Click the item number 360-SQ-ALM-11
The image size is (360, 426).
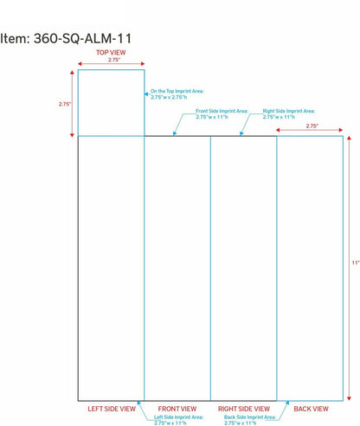pos(82,38)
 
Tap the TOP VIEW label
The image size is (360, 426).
pos(111,53)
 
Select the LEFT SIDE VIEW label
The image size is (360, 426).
pos(112,409)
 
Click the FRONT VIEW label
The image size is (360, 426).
pos(177,409)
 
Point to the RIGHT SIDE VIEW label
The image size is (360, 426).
pos(244,409)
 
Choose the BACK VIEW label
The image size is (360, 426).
pos(311,409)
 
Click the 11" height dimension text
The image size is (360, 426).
pos(356,262)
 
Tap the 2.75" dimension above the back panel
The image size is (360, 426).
pos(312,126)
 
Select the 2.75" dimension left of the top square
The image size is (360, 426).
pos(65,104)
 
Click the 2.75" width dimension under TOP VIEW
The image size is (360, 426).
pos(114,60)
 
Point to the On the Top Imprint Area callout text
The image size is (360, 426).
pos(177,94)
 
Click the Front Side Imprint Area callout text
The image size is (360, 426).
pos(222,114)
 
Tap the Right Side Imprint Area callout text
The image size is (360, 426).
pos(289,114)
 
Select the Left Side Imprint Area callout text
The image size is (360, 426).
pos(178,420)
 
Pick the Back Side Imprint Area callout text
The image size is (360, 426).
pos(250,420)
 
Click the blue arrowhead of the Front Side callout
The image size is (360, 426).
pos(175,133)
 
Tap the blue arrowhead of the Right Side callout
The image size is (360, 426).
pos(241,133)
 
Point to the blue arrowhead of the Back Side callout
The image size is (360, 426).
pos(287,403)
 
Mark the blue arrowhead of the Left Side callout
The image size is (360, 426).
pos(138,403)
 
